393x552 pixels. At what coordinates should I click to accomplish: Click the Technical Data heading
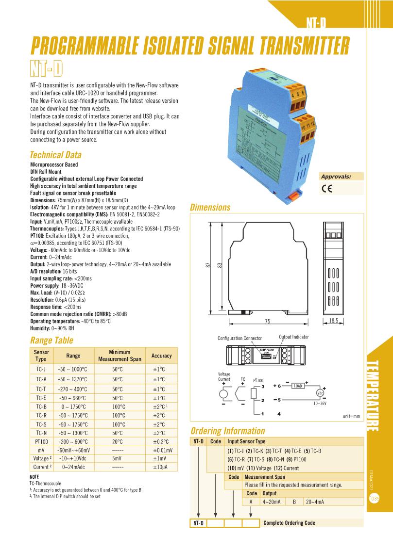pyautogui.click(x=55, y=155)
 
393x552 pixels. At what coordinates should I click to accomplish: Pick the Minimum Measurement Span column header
pyautogui.click(x=120, y=356)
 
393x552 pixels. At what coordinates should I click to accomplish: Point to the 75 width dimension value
pyautogui.click(x=268, y=322)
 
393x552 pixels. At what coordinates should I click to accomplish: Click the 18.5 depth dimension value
pyautogui.click(x=333, y=321)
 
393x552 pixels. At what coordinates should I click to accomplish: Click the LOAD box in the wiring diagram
pyautogui.click(x=298, y=386)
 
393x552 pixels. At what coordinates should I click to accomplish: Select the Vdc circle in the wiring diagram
pyautogui.click(x=320, y=393)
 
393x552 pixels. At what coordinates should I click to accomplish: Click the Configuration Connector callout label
pyautogui.click(x=239, y=338)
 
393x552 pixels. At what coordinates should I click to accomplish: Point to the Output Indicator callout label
pyautogui.click(x=293, y=337)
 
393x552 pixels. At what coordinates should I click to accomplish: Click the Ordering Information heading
pyautogui.click(x=227, y=431)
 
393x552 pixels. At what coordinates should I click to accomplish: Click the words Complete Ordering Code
pyautogui.click(x=289, y=523)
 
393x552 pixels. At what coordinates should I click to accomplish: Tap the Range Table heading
pyautogui.click(x=51, y=340)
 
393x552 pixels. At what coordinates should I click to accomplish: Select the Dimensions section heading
pyautogui.click(x=210, y=208)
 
